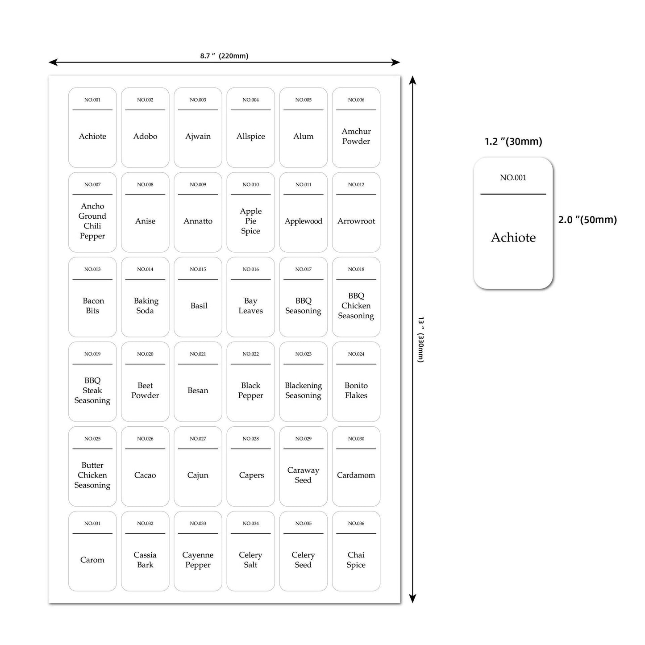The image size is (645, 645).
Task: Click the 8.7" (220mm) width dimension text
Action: pos(224,56)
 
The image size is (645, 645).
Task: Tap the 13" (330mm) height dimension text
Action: pos(420,339)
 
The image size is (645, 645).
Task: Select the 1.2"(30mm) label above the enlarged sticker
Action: pos(513,141)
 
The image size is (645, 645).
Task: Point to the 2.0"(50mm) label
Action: pos(587,220)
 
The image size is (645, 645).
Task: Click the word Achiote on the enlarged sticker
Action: pos(513,237)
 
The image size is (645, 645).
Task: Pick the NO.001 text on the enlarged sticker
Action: pos(513,178)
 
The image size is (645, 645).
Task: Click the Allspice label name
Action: pos(250,136)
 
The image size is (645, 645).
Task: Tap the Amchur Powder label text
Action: pos(356,136)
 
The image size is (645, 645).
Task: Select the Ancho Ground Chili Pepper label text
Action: pos(92,221)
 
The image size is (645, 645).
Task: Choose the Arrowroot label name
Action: pos(356,221)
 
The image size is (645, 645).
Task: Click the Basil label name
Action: pos(199,306)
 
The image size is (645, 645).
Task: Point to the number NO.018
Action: pos(356,269)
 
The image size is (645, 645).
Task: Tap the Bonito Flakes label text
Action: pos(356,390)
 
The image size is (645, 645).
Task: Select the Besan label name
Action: pos(198,391)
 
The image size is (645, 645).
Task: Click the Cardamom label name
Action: pos(356,475)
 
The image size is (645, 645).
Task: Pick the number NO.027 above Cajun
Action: pos(198,439)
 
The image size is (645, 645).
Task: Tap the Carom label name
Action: pos(92,560)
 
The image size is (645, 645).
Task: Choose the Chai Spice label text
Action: pos(356,560)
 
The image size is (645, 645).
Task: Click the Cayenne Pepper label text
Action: pos(198,560)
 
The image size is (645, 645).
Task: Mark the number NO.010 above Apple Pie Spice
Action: pos(250,184)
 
